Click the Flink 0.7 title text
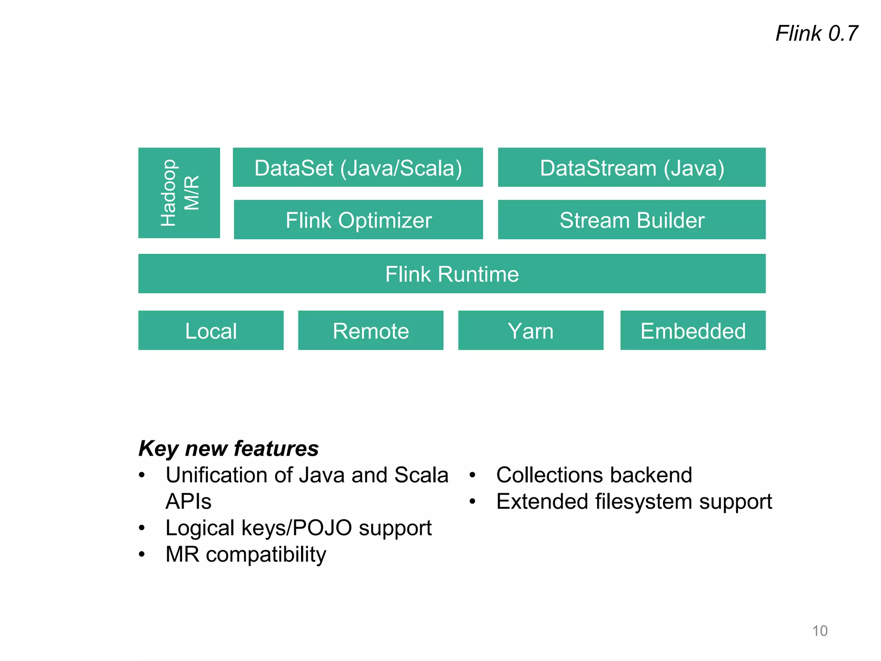816,34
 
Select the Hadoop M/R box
179,193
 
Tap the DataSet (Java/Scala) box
358,167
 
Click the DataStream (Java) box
631,167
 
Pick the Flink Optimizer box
358,220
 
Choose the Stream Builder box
631,220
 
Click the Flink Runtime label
452,274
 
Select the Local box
211,330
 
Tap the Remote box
370,330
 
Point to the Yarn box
530,330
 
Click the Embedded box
693,330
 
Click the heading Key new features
228,448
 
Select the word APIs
188,501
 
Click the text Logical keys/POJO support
299,528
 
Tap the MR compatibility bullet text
246,554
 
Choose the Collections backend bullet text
594,475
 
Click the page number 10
819,631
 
